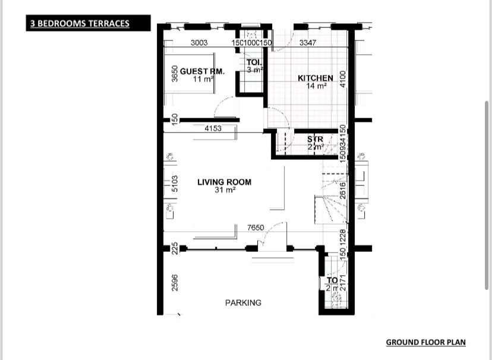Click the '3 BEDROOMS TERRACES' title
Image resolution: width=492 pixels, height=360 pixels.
[80, 24]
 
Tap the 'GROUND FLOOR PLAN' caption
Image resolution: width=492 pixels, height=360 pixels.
[425, 342]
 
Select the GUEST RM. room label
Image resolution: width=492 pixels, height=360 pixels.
[202, 71]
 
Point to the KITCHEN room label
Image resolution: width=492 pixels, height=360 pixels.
[316, 78]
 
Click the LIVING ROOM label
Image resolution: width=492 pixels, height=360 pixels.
[224, 182]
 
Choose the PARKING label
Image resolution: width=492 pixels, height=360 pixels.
[243, 303]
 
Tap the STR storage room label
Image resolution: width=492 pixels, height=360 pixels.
[315, 140]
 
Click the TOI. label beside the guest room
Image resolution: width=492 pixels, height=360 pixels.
[254, 62]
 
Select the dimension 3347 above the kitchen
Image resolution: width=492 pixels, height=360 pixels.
[308, 43]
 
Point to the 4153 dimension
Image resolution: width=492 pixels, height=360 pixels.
[213, 128]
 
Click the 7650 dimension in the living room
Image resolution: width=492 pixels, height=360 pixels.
[256, 228]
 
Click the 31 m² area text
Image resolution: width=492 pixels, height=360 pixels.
[225, 190]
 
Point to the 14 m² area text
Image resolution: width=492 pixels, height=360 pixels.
[316, 86]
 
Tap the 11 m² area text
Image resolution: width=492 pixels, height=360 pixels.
[203, 79]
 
